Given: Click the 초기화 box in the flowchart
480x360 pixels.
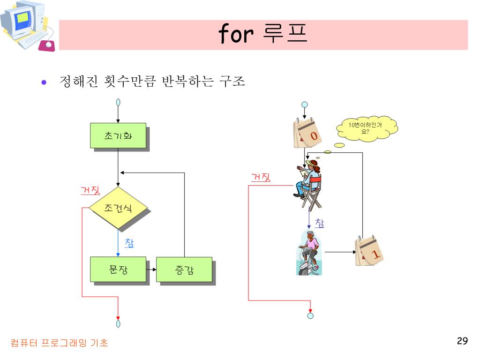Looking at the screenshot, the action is coord(118,135).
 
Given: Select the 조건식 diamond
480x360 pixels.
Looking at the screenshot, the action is coord(118,208).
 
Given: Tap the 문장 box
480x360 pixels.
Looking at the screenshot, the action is coord(118,270).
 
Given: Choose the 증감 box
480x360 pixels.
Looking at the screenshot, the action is coord(184,270).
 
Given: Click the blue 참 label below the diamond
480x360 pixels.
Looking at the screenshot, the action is coord(129,243).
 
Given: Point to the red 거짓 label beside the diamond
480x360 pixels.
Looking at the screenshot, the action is coord(90,190).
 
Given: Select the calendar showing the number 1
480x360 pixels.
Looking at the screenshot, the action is coord(370,252).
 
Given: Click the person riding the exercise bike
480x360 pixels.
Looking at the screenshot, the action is coord(309,253).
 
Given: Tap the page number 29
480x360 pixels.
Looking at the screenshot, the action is coord(462,341).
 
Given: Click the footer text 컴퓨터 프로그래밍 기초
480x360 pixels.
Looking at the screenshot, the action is coord(60,343).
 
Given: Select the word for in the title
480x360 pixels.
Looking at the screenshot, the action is coord(236,34).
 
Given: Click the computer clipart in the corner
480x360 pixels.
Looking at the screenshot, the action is coord(27,26).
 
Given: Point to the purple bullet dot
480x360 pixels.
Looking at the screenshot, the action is coord(44,82).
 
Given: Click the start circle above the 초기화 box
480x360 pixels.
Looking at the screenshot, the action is coord(118,102).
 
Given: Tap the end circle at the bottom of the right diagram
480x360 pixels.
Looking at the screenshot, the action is coord(310,315).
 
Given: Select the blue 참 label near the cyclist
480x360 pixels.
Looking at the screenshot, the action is coord(319,224).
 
